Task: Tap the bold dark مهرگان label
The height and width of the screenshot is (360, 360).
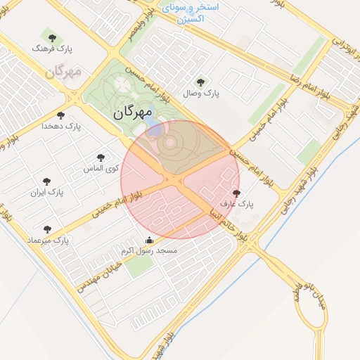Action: [x=132, y=112]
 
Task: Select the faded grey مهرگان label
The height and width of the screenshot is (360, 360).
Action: [x=64, y=72]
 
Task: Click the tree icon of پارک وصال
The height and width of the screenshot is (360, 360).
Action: [x=202, y=82]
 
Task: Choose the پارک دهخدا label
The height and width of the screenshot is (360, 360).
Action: [x=61, y=126]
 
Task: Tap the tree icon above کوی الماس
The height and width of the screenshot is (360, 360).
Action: [x=103, y=157]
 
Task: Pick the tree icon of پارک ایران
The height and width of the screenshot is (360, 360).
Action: [x=47, y=181]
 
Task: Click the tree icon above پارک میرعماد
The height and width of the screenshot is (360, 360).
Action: [x=47, y=229]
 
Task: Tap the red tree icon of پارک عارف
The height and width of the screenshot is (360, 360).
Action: [x=236, y=193]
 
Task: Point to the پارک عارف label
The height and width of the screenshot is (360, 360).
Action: [x=236, y=204]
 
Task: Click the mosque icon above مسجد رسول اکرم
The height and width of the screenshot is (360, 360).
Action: [x=148, y=240]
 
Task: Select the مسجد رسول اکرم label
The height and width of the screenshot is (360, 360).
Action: [x=148, y=250]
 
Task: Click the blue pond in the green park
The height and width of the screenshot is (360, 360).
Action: [x=153, y=128]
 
